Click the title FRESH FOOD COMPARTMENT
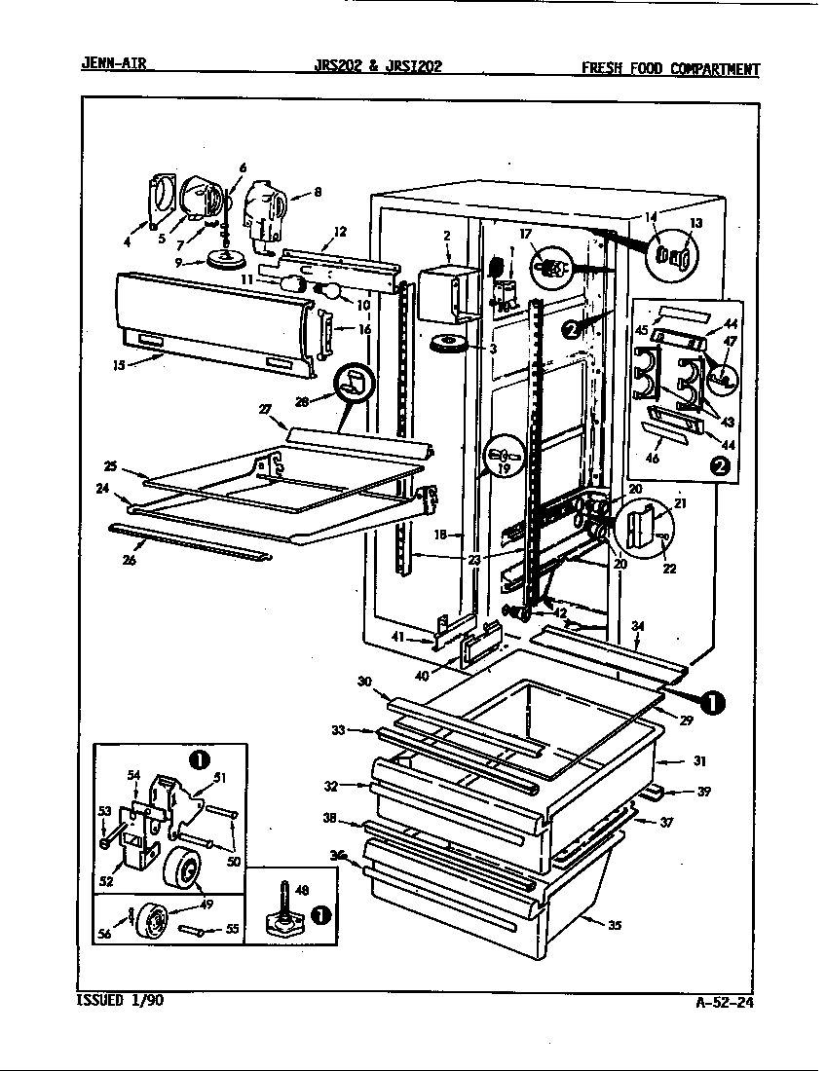[x=670, y=68]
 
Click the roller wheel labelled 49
[x=181, y=868]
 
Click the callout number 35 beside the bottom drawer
[x=615, y=926]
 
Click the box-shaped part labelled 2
[x=444, y=289]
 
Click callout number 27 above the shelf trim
[x=263, y=410]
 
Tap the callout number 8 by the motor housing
[x=317, y=193]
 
